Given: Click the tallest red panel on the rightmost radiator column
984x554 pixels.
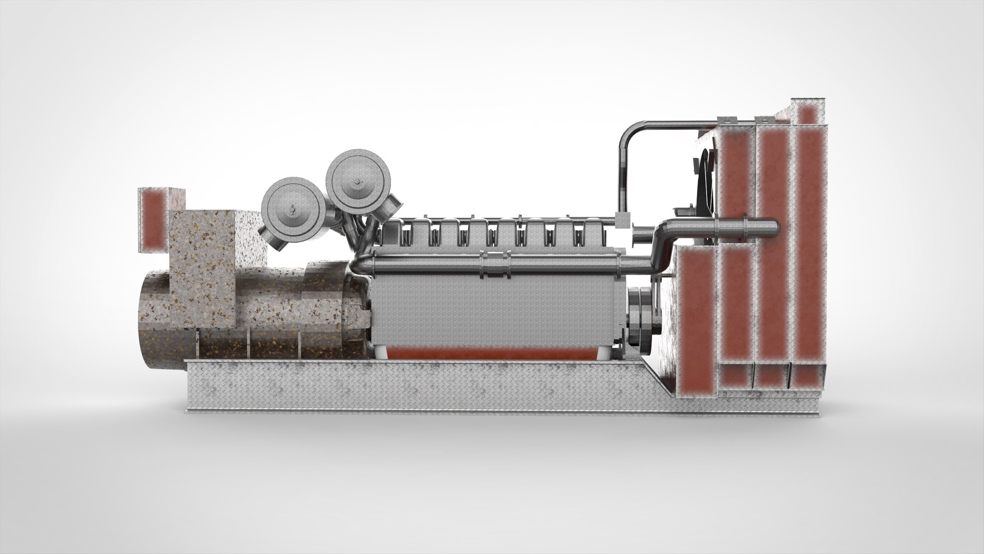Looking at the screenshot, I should coord(808,246).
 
